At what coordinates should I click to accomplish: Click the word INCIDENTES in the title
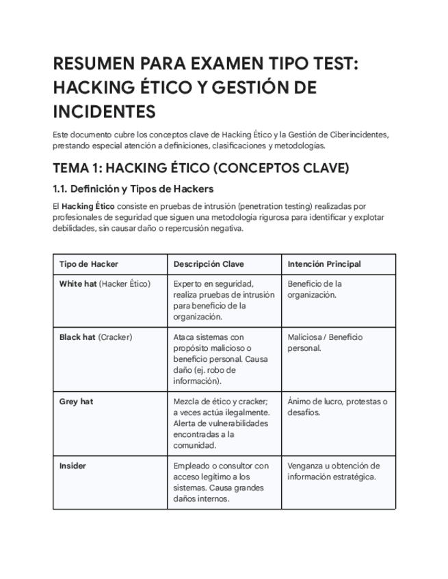(104, 111)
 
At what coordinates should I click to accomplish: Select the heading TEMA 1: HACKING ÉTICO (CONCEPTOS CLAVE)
(201, 168)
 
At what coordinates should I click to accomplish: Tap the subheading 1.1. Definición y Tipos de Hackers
(133, 188)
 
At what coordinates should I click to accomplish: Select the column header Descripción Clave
(209, 264)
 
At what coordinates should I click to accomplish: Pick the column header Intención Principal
(324, 264)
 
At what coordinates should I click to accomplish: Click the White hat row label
(78, 284)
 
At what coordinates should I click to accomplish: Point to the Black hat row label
(77, 337)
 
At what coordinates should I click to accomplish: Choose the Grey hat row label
(76, 401)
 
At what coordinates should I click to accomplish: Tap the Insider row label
(73, 466)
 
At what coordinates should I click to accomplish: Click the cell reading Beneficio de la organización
(315, 289)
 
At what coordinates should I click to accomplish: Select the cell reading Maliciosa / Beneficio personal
(325, 343)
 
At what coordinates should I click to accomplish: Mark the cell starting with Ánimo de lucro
(337, 407)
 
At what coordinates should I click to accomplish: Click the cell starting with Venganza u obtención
(333, 471)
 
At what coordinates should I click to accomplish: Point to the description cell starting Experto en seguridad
(223, 300)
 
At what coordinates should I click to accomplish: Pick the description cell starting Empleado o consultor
(220, 482)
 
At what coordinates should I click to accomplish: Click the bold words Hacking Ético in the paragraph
(88, 206)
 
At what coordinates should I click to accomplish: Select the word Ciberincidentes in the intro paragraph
(360, 135)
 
